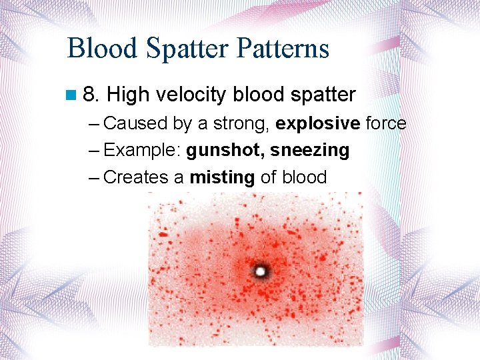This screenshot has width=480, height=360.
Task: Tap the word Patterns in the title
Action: (281, 49)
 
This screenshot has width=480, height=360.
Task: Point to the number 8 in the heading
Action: (91, 95)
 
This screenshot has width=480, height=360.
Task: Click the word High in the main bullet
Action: (128, 95)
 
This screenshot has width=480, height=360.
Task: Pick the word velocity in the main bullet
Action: (192, 95)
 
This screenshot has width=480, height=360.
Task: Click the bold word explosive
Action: (318, 123)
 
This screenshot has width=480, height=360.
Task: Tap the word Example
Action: (142, 151)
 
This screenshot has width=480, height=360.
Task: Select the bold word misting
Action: (222, 177)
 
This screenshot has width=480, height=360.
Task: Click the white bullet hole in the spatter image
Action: (259, 271)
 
